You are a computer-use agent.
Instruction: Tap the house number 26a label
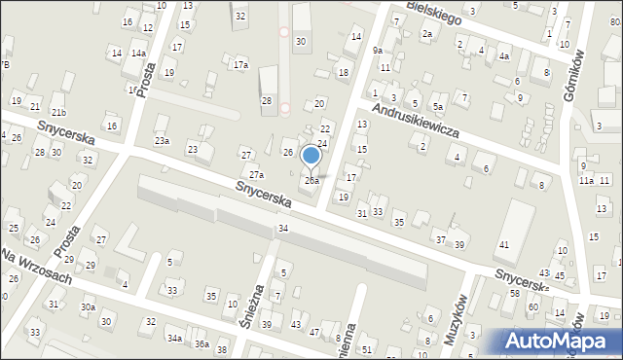[x=311, y=181]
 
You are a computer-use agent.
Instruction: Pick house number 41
[x=504, y=244]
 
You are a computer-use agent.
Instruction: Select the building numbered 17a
[x=240, y=65]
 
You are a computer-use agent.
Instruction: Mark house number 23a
[x=162, y=141]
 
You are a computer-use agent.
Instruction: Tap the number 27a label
[x=256, y=175]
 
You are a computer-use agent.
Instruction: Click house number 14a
[x=139, y=54]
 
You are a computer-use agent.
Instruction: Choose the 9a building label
[x=377, y=50]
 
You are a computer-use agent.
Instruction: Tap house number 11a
[x=586, y=181]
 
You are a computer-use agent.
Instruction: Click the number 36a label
[x=202, y=343]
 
